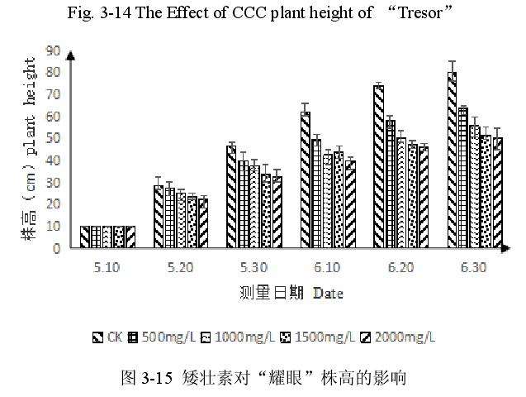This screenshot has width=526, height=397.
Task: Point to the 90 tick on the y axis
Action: (54, 50)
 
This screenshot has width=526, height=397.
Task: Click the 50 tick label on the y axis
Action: (54, 138)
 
